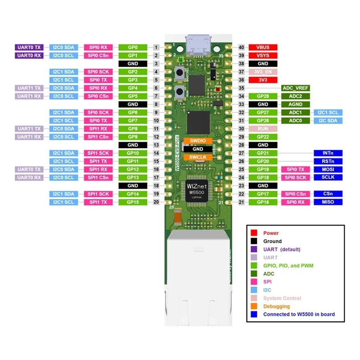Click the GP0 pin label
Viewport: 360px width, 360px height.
coord(132,47)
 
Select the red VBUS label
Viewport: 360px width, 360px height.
coord(263,47)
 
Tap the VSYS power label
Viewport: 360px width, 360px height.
coord(263,55)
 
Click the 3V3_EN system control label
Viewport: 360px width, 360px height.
coord(263,72)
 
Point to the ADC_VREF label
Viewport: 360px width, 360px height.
coord(295,88)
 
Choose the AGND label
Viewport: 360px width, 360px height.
coord(295,104)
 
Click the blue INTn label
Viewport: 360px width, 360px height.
coord(328,153)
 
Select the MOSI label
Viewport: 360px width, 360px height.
coord(328,170)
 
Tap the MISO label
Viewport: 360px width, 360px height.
coord(328,202)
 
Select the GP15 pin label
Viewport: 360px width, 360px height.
coord(132,202)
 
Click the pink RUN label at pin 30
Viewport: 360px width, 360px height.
coord(263,129)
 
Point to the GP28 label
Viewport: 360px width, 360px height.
coord(263,96)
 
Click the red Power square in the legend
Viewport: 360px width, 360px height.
coord(254,233)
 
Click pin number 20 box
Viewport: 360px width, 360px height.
coord(156,202)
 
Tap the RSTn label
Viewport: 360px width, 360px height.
coord(328,162)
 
